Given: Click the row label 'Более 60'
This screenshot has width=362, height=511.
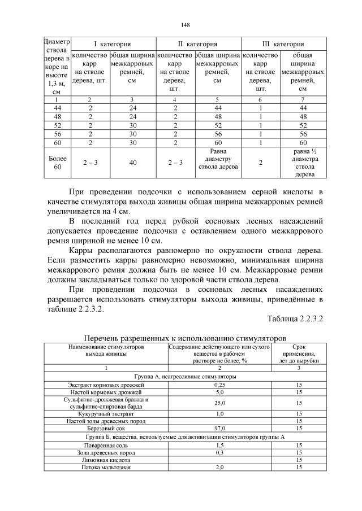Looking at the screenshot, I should click(57, 163).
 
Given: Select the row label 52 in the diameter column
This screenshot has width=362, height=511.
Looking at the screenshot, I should click(57, 125).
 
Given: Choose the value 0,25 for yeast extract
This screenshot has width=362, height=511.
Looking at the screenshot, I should click(219, 384).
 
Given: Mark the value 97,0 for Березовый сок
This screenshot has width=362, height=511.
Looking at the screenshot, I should click(219, 429).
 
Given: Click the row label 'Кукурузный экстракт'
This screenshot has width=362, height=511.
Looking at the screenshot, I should click(106, 414).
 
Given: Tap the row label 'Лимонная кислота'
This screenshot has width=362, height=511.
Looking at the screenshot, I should click(106, 460).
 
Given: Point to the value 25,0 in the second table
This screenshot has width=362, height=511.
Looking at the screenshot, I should click(219, 403).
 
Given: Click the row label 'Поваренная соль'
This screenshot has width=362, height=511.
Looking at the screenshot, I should click(106, 445).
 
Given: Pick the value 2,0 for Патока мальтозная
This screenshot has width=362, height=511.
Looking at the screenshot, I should click(219, 467).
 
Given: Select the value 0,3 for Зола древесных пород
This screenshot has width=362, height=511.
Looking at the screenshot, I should click(219, 452).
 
